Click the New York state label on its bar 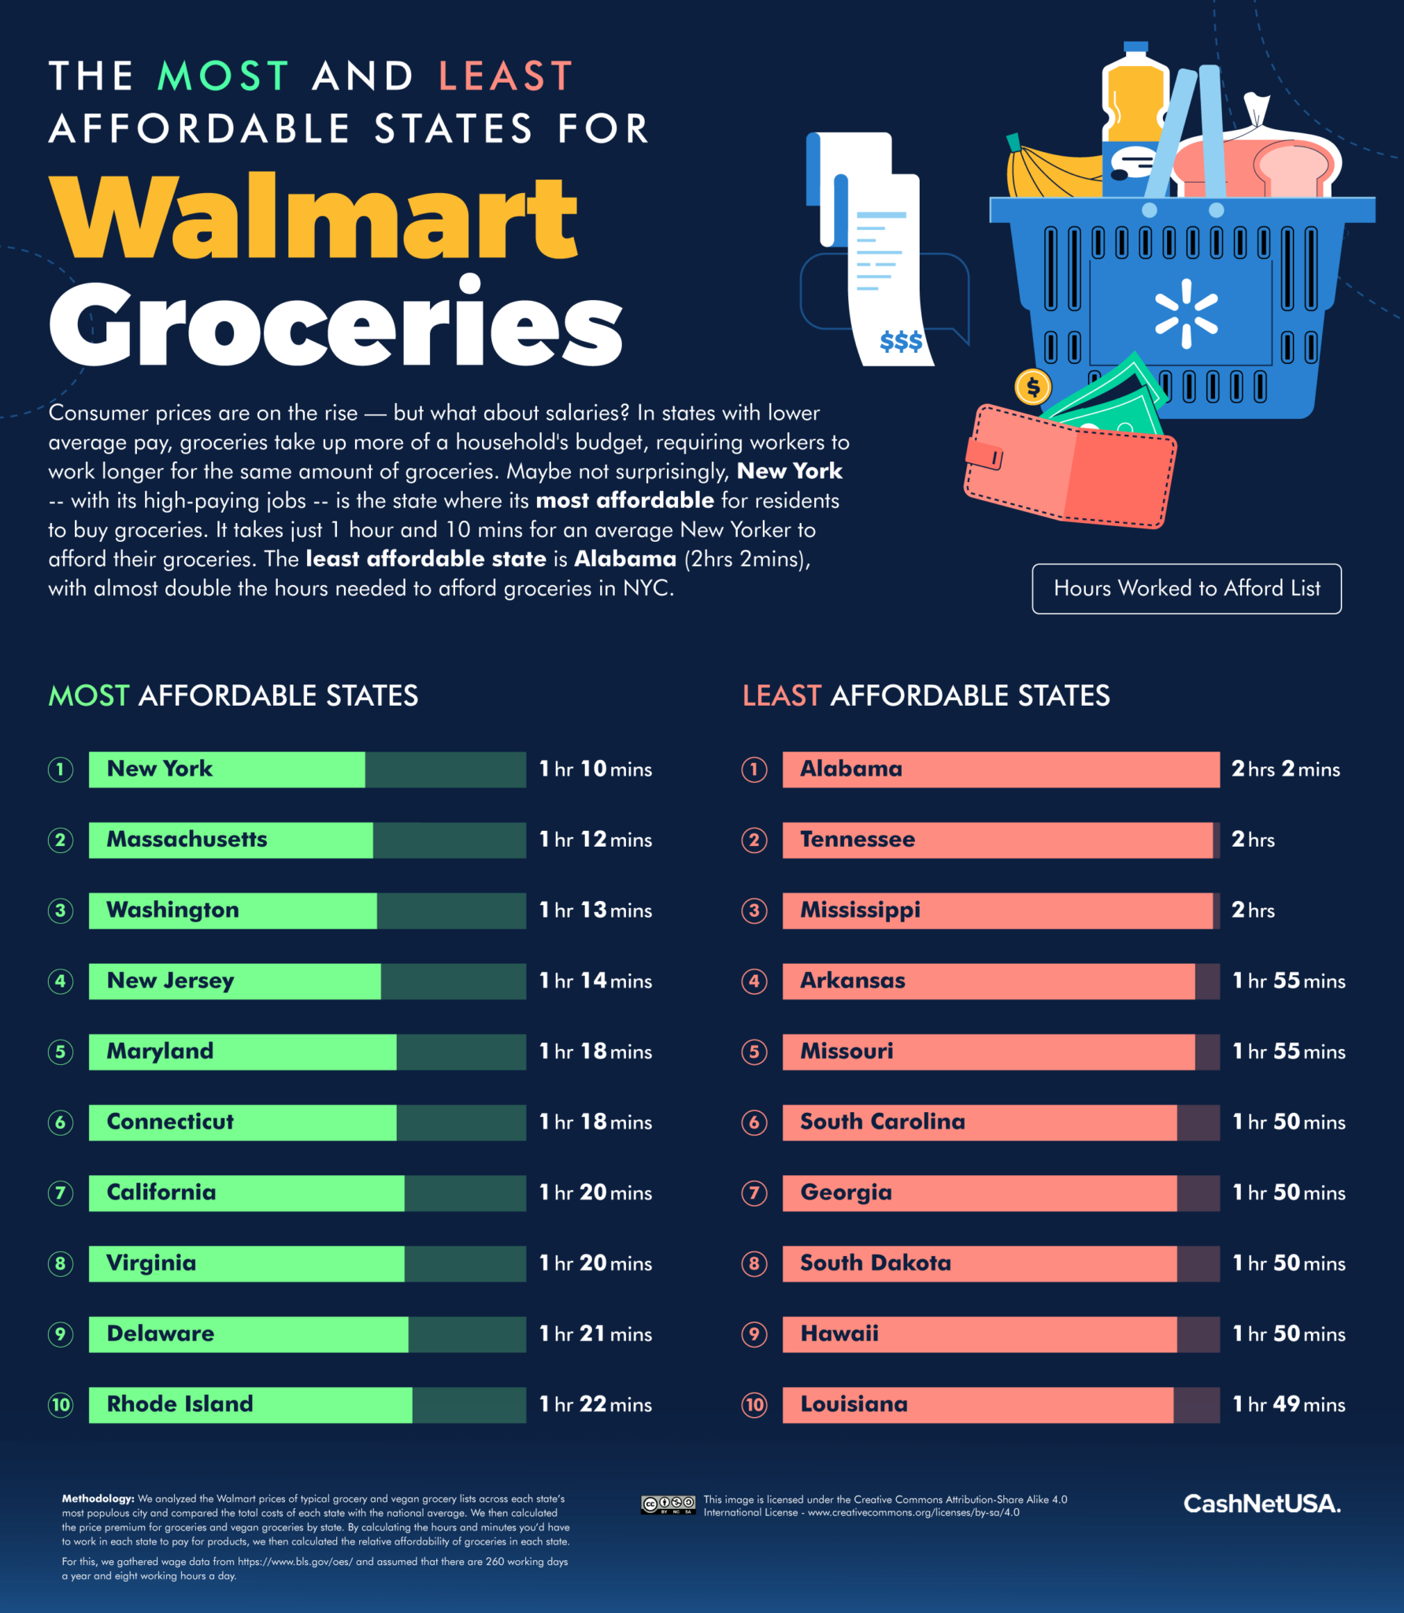(x=160, y=769)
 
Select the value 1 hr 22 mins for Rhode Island (x=595, y=1404)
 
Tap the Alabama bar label (x=851, y=769)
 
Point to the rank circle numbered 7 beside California (x=61, y=1193)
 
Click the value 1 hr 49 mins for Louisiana (x=1289, y=1404)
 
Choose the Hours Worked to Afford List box (x=1187, y=588)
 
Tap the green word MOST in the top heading (x=224, y=76)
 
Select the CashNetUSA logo (x=1261, y=1504)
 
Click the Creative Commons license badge (x=668, y=1504)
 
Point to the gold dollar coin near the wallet (x=1033, y=387)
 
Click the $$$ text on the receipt (x=901, y=342)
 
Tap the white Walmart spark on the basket (x=1186, y=313)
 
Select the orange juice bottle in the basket (x=1134, y=118)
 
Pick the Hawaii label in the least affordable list (x=839, y=1333)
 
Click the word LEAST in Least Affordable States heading (x=781, y=696)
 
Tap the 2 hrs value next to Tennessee (x=1253, y=840)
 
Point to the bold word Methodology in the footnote (x=98, y=1499)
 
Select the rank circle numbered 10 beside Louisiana (x=754, y=1404)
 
